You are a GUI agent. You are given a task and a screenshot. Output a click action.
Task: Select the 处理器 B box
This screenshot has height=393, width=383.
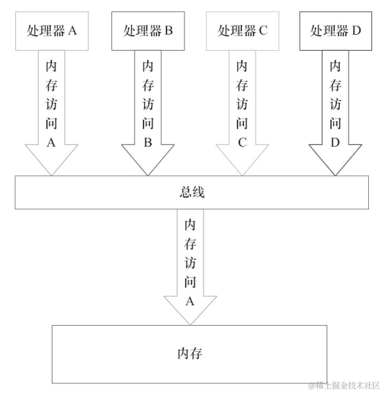coord(147,31)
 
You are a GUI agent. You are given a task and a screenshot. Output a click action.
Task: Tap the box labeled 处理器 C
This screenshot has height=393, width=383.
coord(242,31)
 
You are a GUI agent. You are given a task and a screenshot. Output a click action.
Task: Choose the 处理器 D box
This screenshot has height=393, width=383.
coord(334,31)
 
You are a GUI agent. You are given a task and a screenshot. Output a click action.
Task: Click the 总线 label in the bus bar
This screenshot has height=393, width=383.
coord(191,193)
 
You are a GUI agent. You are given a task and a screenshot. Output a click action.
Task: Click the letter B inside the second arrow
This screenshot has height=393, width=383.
coord(147,143)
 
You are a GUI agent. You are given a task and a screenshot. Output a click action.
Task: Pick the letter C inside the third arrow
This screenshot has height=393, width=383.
coord(242,143)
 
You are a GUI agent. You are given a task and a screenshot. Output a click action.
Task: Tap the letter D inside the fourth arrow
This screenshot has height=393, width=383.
coord(334,143)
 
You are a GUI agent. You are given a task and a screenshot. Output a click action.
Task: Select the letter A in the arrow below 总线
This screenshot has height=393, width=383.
coord(190,301)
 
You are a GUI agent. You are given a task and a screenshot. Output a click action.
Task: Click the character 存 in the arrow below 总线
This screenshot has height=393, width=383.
coord(190,244)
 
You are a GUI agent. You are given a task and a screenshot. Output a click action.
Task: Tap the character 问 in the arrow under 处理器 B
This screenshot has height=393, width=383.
coord(147,124)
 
